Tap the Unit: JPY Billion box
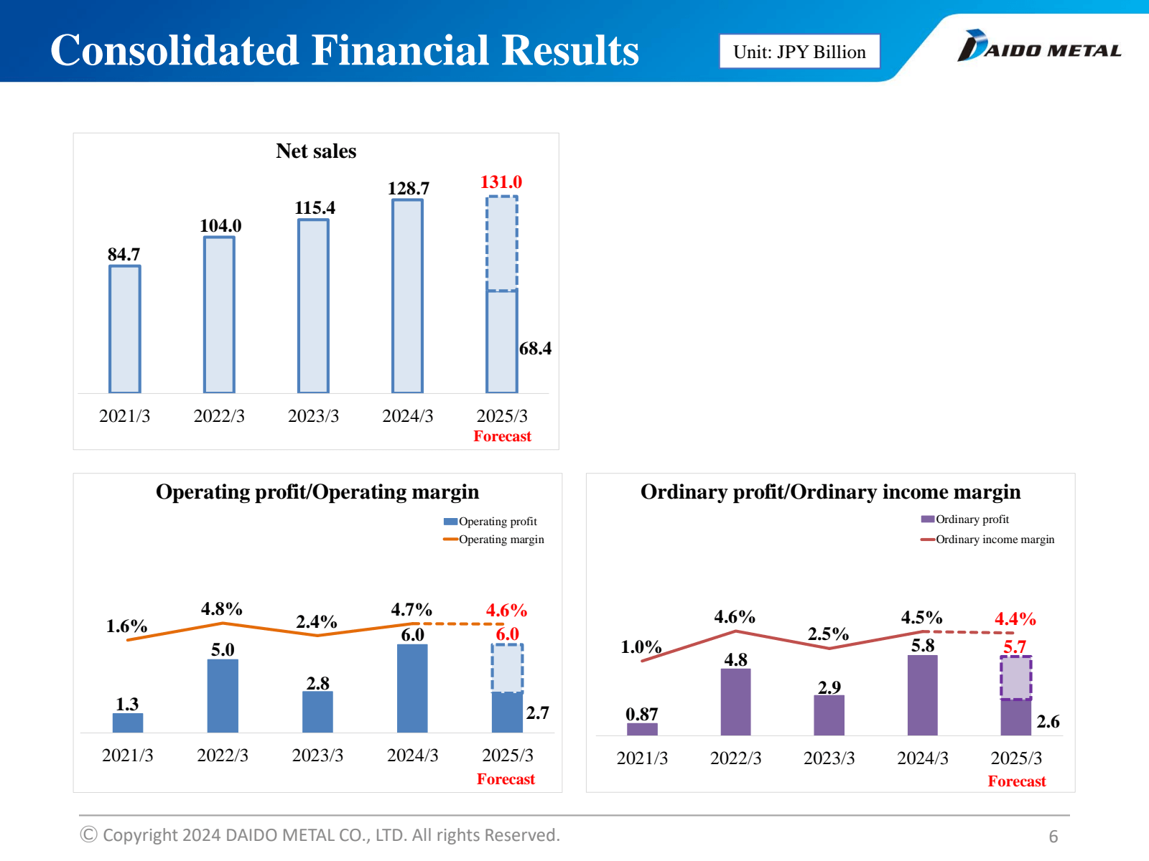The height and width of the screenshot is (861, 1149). [x=799, y=52]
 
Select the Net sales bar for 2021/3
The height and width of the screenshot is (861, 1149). [x=125, y=329]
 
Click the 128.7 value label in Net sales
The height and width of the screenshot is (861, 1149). [x=409, y=189]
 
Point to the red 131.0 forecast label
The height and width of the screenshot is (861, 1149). [x=501, y=182]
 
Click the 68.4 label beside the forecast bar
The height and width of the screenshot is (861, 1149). [x=535, y=349]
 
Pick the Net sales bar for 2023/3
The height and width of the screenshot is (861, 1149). [x=314, y=306]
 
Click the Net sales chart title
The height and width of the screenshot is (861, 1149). [x=316, y=151]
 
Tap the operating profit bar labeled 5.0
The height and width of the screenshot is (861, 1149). [x=223, y=695]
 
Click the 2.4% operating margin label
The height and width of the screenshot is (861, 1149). [x=317, y=621]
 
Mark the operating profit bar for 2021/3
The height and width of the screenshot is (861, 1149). [x=128, y=723]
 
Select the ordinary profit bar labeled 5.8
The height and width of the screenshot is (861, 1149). [x=923, y=695]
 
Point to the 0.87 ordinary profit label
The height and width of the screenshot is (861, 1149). [x=641, y=715]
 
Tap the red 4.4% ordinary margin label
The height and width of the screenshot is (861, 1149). [x=1015, y=619]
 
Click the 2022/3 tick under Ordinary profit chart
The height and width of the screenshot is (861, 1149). [x=735, y=758]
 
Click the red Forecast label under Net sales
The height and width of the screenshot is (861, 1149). [x=502, y=436]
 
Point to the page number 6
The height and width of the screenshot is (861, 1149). [x=1053, y=837]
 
